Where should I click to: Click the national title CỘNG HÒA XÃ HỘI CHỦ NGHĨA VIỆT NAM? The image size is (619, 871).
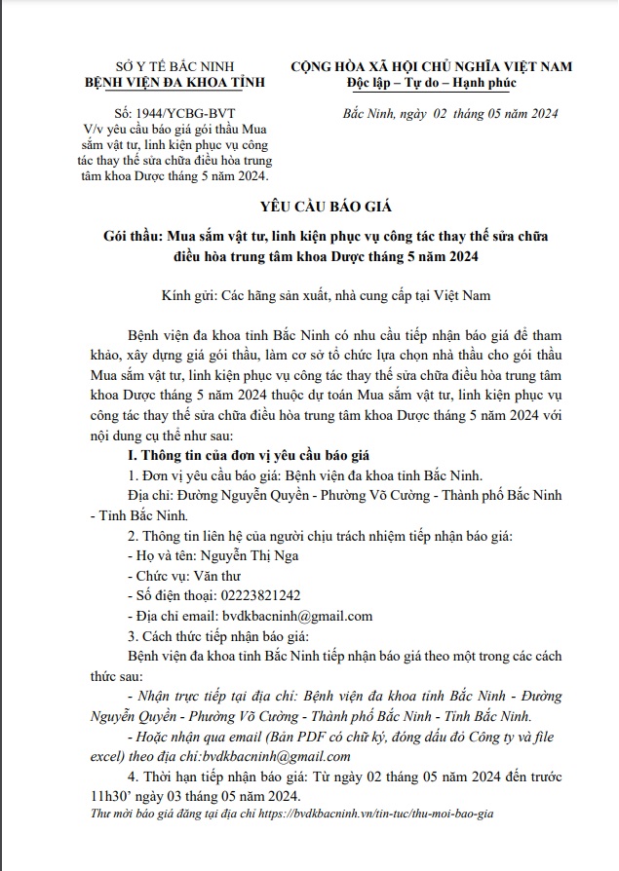432,66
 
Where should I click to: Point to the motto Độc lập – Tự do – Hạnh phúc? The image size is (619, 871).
432,83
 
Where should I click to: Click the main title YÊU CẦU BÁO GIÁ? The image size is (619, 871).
309,208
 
